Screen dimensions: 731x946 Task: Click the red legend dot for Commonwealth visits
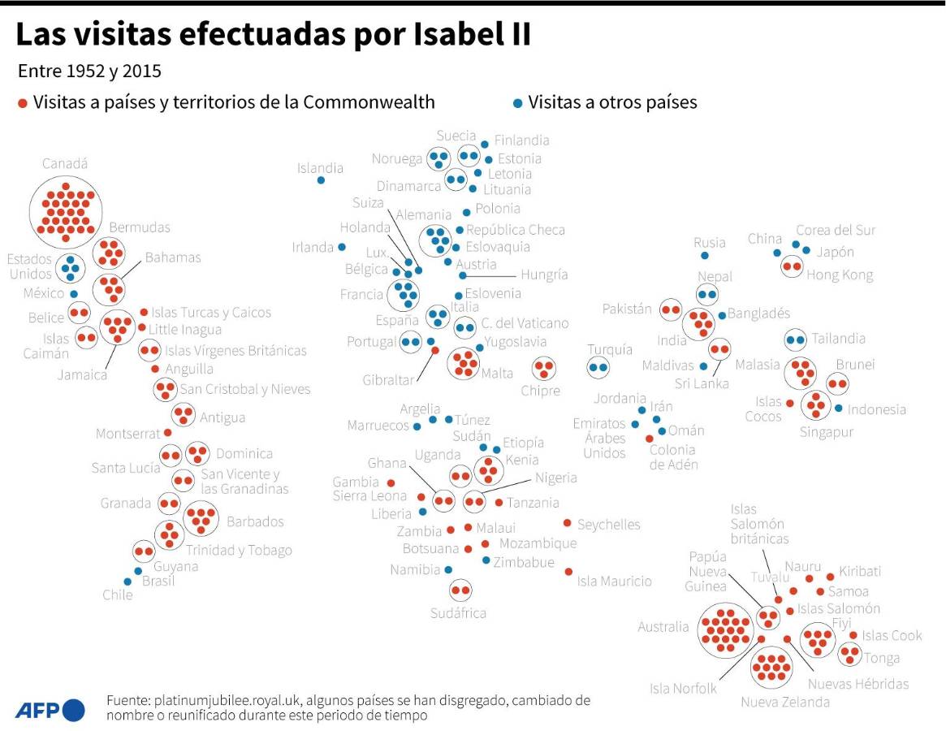[23, 103]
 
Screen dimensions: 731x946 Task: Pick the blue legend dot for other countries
[517, 103]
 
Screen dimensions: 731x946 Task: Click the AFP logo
[49, 709]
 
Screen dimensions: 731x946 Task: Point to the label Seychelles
[608, 525]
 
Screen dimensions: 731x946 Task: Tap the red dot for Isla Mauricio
[568, 572]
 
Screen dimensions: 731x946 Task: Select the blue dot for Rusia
[704, 256]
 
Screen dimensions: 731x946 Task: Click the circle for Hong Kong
[791, 266]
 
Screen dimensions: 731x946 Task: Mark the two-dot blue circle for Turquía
[598, 368]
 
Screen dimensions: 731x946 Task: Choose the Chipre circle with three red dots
[543, 368]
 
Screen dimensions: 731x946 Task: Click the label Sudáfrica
[458, 612]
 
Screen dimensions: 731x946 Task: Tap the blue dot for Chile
[127, 582]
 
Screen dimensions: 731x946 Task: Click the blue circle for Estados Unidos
[71, 268]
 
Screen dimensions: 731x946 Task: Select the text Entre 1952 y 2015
[89, 71]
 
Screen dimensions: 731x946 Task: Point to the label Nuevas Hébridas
[857, 684]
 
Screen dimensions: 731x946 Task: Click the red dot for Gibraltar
[434, 350]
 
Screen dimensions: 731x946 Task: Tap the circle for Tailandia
[796, 339]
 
